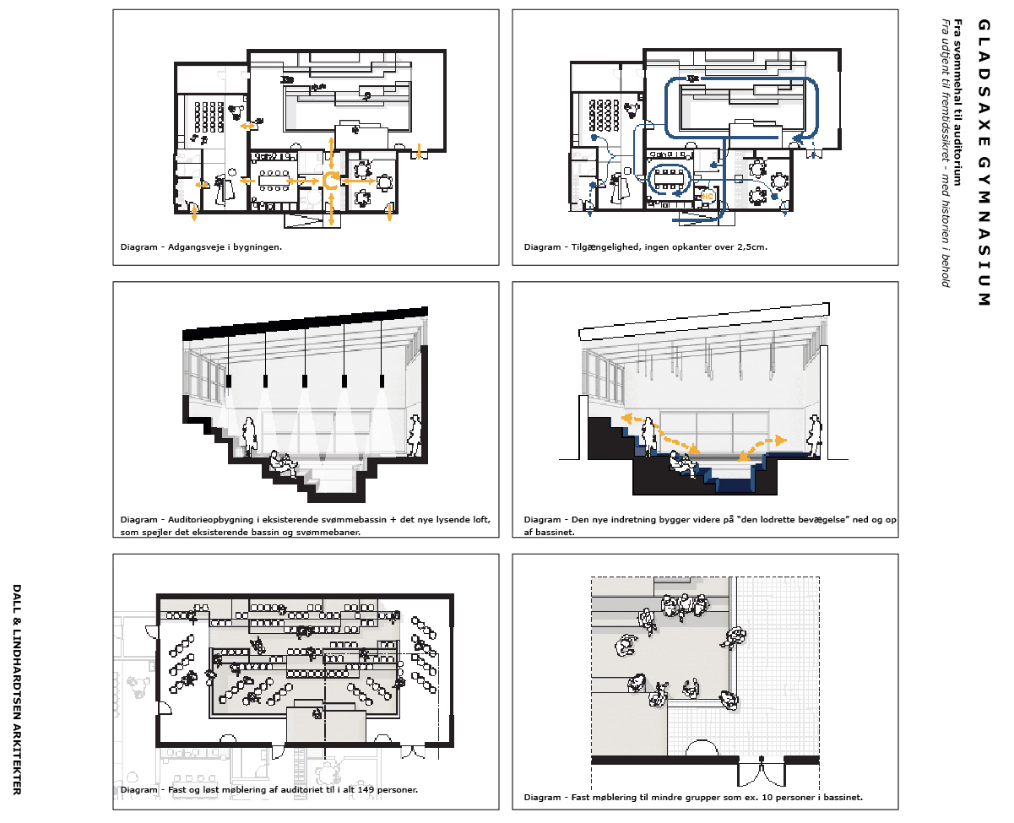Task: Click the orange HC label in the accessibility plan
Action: (707, 196)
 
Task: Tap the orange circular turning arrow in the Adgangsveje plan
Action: (330, 181)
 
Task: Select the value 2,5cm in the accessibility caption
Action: (751, 247)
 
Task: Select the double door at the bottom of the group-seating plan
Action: (761, 771)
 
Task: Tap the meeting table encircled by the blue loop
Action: (670, 180)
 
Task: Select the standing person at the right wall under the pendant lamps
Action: (415, 436)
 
